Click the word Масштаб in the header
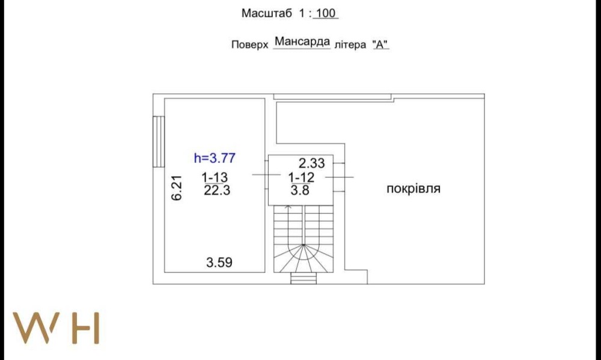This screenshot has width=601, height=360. coord(267,13)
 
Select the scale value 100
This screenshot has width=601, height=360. coord(326,13)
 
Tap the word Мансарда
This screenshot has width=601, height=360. coord(302,41)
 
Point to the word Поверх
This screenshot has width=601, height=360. coord(249,45)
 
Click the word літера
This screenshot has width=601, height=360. coord(350,45)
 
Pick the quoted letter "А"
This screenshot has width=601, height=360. coord(380,44)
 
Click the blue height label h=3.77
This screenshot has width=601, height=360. coord(215,158)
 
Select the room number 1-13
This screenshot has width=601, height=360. coord(215,177)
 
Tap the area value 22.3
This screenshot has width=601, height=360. coord(217,190)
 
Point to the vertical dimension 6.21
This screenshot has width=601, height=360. coord(177,188)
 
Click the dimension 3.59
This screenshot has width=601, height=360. coord(219,263)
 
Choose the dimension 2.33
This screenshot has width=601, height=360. coord(311,163)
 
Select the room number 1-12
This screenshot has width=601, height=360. coord(301,177)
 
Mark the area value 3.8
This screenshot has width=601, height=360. coord(300,190)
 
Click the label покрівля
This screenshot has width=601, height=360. coord(413,189)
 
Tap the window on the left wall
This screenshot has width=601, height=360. coord(159,142)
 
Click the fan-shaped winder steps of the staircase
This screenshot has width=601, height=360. coord(304,258)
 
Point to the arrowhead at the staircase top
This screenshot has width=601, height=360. coord(288,207)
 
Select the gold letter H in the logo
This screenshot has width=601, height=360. coord(87,328)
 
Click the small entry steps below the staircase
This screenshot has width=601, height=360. coord(304,278)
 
